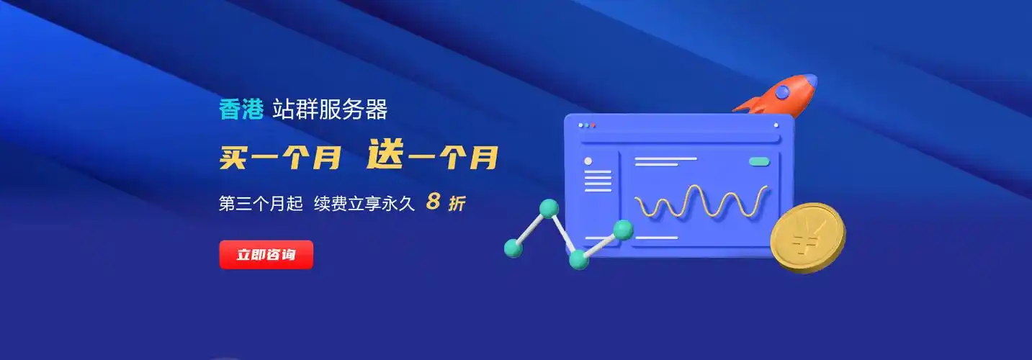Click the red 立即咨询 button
pyautogui.click(x=266, y=254)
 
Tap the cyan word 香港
pyautogui.click(x=241, y=109)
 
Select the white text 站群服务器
pyautogui.click(x=330, y=109)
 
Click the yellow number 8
pyautogui.click(x=433, y=202)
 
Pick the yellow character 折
pyautogui.click(x=457, y=204)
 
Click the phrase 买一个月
pyautogui.click(x=280, y=157)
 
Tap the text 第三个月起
pyautogui.click(x=261, y=204)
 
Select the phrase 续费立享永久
pyautogui.click(x=364, y=204)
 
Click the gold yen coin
pyautogui.click(x=807, y=237)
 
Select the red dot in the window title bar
pyautogui.click(x=593, y=125)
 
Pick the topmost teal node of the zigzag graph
pyautogui.click(x=549, y=209)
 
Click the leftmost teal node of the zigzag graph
pyautogui.click(x=513, y=248)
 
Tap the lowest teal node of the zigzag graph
pyautogui.click(x=578, y=259)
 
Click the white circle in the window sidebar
pyautogui.click(x=588, y=161)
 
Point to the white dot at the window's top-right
pyautogui.click(x=776, y=125)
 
